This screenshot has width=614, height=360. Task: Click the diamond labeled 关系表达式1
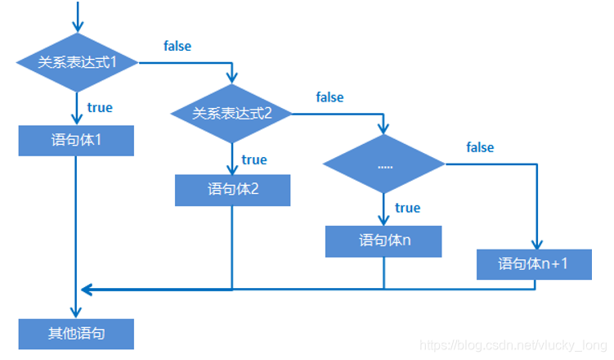[x=76, y=62]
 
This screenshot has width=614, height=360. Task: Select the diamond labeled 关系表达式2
[x=231, y=114]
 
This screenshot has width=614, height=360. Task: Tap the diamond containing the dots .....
[x=384, y=165]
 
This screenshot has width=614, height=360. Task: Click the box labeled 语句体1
[x=76, y=140]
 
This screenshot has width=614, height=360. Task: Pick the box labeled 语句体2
[x=232, y=190]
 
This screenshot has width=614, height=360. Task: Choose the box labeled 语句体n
[x=384, y=241]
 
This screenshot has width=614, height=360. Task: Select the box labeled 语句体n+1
[x=535, y=265]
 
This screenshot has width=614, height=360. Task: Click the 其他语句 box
[x=76, y=334]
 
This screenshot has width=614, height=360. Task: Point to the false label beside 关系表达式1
[x=177, y=46]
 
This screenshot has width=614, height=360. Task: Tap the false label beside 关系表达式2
[x=329, y=97]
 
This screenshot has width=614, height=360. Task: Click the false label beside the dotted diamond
[x=480, y=147]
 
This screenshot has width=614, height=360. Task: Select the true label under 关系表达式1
[x=100, y=107]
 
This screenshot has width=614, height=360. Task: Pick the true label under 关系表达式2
[x=254, y=159]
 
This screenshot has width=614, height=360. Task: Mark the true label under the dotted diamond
[x=407, y=208]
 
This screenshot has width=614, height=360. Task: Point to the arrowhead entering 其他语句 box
[x=76, y=314]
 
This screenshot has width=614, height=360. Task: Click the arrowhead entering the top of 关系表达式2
[x=232, y=81]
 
